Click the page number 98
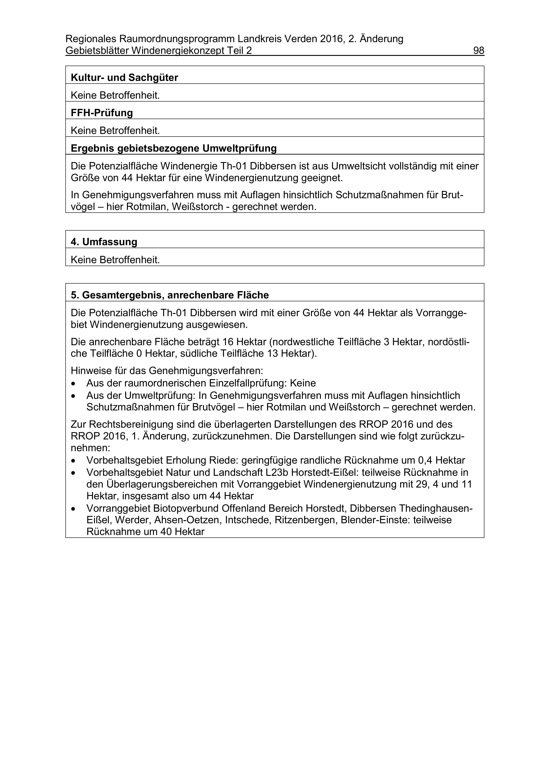click(478, 51)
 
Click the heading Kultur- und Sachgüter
click(124, 78)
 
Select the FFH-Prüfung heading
click(102, 113)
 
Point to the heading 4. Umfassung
click(104, 242)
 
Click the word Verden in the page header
click(300, 39)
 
